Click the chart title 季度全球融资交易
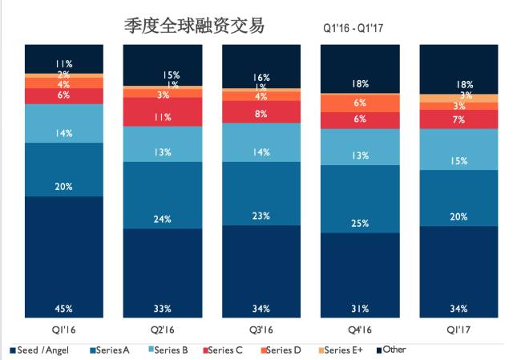tap(195, 26)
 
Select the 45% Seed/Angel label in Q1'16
tap(64, 308)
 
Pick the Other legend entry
tap(396, 350)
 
